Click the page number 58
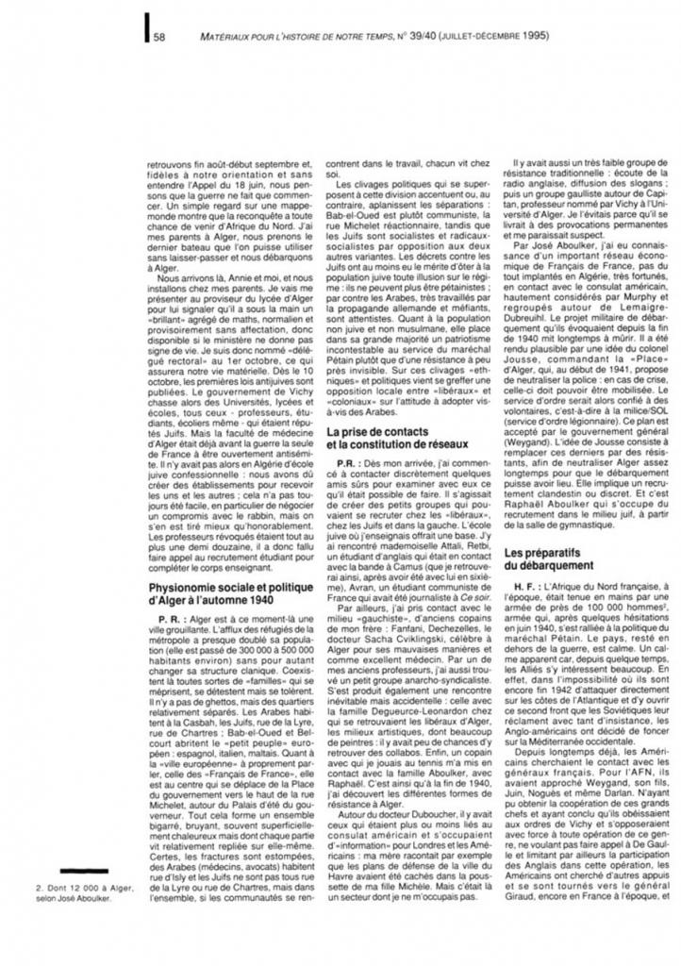(x=160, y=38)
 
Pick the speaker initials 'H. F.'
(x=523, y=587)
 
